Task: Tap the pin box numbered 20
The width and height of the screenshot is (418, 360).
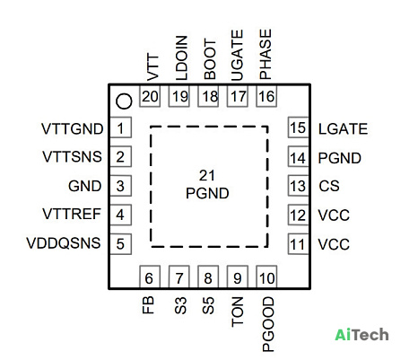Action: (150, 96)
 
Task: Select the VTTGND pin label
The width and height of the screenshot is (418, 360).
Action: (73, 129)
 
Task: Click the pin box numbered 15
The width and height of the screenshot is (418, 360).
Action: (298, 127)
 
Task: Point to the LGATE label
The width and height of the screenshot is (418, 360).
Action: (343, 129)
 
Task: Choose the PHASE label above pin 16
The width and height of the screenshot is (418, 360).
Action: (266, 54)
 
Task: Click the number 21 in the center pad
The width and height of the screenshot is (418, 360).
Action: (207, 175)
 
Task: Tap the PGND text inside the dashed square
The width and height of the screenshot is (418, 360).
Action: (207, 193)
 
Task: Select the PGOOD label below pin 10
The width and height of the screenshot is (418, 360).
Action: (268, 324)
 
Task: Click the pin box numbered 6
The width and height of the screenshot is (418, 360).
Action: (150, 278)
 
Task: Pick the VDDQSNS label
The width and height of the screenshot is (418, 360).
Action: (64, 243)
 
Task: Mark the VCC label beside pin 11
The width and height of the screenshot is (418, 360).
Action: (334, 244)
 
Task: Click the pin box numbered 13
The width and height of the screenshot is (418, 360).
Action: (298, 186)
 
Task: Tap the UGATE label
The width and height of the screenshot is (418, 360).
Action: (238, 56)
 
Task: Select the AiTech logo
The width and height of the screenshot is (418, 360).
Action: (361, 335)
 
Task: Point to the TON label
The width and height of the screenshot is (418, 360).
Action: (238, 312)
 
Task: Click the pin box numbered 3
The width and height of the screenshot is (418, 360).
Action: (121, 186)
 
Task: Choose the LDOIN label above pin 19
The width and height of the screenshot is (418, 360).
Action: (181, 58)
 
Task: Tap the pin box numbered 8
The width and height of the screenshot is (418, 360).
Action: (208, 278)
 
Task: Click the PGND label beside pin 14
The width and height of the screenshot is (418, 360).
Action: (340, 158)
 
